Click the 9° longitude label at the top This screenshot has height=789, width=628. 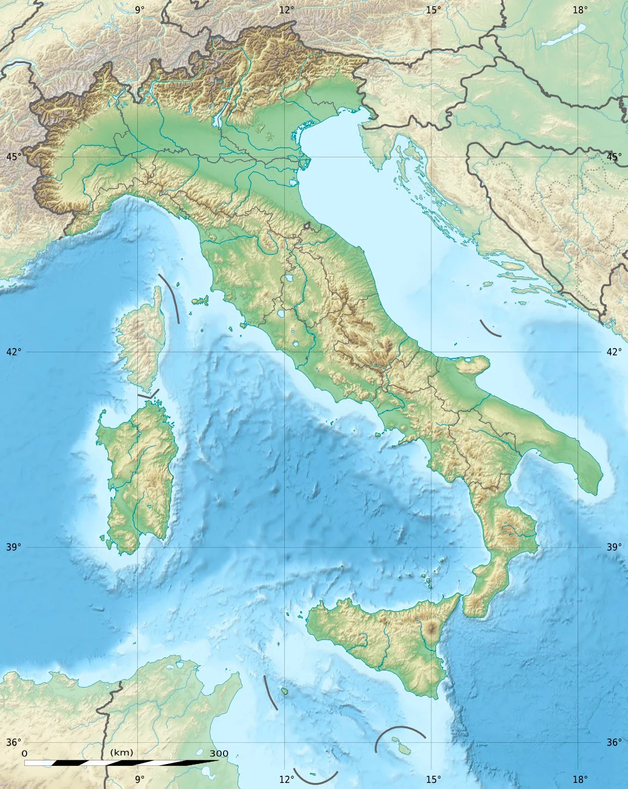click(x=140, y=9)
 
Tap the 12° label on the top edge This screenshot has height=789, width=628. click(x=287, y=9)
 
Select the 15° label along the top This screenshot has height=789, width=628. click(x=433, y=9)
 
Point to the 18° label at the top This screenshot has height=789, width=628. click(x=580, y=9)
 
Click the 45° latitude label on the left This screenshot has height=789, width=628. click(x=14, y=157)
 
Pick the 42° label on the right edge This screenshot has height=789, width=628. click(x=614, y=352)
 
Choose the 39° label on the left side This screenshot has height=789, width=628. click(x=14, y=547)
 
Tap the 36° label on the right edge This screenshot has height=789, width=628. click(x=614, y=742)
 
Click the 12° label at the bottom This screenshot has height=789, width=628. click(x=287, y=779)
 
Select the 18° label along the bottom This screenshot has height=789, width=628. click(x=580, y=779)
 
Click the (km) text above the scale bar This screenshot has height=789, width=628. click(x=121, y=753)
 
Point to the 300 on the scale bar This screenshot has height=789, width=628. click(x=219, y=754)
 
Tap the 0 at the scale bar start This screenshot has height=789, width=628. click(x=25, y=753)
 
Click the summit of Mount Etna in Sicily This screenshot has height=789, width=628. click(x=432, y=626)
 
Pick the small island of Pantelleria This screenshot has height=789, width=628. click(x=284, y=691)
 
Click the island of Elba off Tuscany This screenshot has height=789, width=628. click(x=199, y=300)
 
